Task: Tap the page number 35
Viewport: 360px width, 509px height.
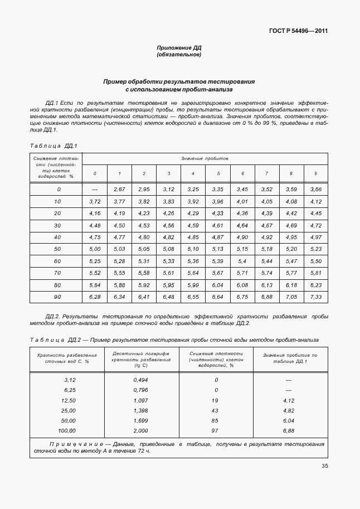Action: tap(324, 467)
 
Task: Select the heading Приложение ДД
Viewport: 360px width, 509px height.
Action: tap(178, 48)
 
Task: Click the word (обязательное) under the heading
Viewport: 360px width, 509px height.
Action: tap(178, 55)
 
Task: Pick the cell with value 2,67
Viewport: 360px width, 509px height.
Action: tap(119, 190)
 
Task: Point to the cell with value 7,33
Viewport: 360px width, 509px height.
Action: tap(316, 297)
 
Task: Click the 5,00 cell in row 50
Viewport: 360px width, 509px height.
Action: tap(95, 249)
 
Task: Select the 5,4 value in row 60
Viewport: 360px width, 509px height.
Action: tap(242, 261)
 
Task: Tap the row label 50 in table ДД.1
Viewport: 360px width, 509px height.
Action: tap(57, 249)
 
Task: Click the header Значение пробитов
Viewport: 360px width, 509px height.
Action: tap(205, 159)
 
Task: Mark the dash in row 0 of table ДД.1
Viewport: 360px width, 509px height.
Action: tap(95, 190)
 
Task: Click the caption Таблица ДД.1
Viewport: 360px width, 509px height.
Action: tap(52, 146)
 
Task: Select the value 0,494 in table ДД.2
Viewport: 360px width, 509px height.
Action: tap(140, 379)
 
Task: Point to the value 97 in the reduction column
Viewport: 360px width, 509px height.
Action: tap(216, 431)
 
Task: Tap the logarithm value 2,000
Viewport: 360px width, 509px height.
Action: tap(140, 431)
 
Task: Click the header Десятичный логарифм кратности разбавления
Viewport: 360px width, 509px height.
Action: tap(140, 357)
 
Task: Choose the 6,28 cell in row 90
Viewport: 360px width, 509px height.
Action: tap(95, 297)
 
